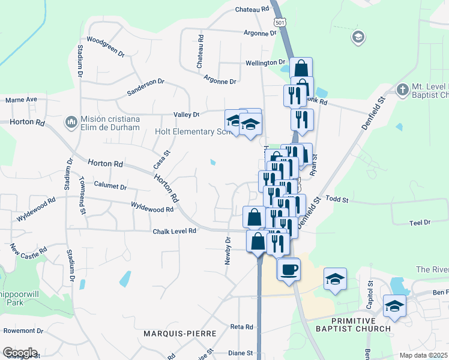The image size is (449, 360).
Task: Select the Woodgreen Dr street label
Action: (x=105, y=47)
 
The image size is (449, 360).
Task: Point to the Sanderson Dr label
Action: (x=145, y=86)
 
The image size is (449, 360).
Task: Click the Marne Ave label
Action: (x=22, y=100)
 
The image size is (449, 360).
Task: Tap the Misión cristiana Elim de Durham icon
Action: (x=71, y=122)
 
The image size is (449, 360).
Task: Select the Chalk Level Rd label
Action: (x=174, y=231)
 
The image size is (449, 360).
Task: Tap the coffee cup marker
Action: (x=289, y=268)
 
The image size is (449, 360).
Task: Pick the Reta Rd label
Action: (x=243, y=327)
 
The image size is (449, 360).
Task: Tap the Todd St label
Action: (x=337, y=199)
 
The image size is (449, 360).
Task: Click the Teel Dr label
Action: (x=420, y=223)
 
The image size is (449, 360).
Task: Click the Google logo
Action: (x=20, y=353)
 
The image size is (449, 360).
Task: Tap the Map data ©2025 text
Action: (x=423, y=355)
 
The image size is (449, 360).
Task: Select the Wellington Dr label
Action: (x=265, y=62)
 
